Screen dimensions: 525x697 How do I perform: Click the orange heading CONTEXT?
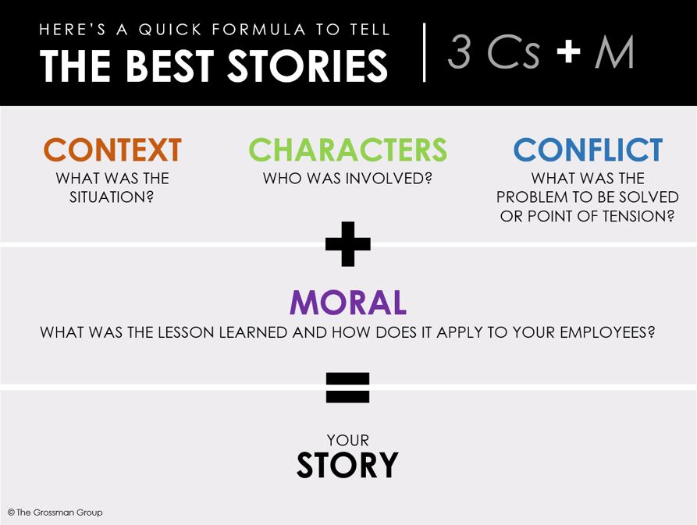[x=112, y=150]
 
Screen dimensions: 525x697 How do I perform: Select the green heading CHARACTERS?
[x=347, y=150]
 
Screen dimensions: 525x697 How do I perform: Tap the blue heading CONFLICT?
[x=588, y=150]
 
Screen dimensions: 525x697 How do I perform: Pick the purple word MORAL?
[x=347, y=303]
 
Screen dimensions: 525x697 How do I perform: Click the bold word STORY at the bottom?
[x=347, y=466]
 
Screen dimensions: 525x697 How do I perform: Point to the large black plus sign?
[x=348, y=244]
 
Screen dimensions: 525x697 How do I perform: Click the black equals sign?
[x=347, y=387]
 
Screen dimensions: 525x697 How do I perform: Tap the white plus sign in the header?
[x=569, y=52]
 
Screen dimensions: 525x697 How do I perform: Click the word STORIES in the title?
[x=309, y=66]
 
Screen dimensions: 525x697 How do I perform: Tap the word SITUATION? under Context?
[x=112, y=197]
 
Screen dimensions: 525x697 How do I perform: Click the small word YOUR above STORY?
[x=347, y=441]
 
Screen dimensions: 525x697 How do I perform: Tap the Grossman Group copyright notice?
[x=55, y=513]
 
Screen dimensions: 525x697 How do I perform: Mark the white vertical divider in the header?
[x=425, y=52]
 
